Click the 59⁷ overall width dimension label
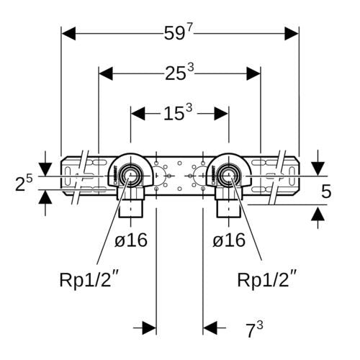[x=179, y=32]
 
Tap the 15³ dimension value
[x=178, y=112]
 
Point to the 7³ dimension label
[x=254, y=329]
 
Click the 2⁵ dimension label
[x=24, y=183]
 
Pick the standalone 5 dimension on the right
[x=326, y=192]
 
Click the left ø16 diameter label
[x=131, y=240]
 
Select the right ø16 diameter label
[x=229, y=240]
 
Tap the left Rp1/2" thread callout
[x=89, y=279]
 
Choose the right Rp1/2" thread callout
[x=267, y=279]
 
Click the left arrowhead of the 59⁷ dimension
[x=68, y=34]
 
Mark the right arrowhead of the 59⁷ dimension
[x=292, y=34]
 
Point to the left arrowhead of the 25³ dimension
[x=106, y=73]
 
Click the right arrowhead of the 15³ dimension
[x=221, y=114]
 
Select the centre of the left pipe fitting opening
[x=130, y=176]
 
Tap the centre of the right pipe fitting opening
[x=229, y=176]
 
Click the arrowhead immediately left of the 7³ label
[x=210, y=328]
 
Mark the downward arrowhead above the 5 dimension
[x=318, y=168]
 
